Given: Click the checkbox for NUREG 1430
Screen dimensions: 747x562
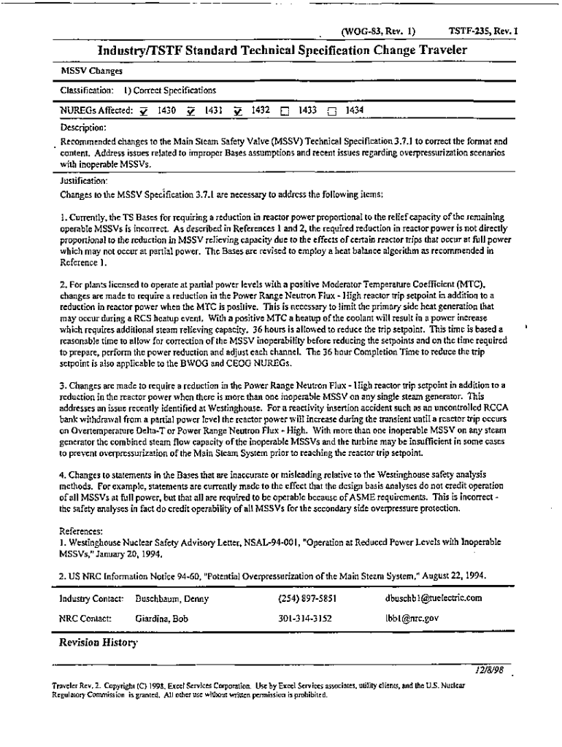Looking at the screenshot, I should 144,112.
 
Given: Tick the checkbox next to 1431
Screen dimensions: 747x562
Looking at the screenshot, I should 190,112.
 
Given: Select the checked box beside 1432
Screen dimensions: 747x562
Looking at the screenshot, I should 238,112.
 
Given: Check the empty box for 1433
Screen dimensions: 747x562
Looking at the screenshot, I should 285,112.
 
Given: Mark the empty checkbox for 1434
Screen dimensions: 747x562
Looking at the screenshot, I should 332,112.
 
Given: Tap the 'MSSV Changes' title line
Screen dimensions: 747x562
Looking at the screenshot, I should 82,71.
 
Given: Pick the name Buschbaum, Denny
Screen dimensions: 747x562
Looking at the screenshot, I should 172,599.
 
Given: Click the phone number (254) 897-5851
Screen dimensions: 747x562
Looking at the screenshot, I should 307,599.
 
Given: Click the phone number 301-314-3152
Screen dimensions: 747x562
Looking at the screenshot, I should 305,618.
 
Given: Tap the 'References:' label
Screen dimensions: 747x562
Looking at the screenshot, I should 80,533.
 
